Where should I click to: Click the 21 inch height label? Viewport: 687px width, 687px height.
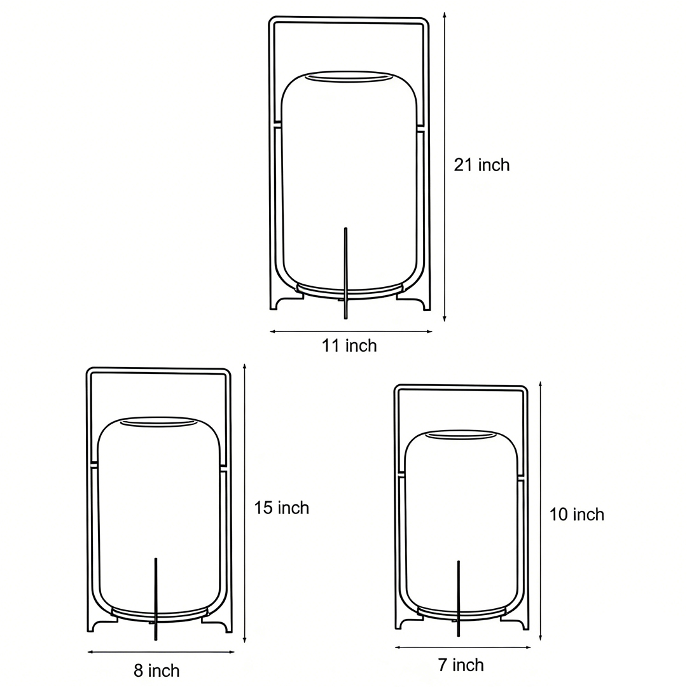tap(482, 165)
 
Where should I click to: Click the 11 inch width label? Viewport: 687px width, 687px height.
tap(349, 345)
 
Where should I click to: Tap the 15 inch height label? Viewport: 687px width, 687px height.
tap(281, 508)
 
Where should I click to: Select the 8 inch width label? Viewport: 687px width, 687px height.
tap(156, 670)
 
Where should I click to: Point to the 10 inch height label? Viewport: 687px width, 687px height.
tap(576, 514)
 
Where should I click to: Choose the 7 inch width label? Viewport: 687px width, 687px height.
tap(461, 665)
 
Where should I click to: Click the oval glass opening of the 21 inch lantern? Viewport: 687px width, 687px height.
tap(349, 78)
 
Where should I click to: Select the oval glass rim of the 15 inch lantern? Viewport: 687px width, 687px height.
tap(158, 421)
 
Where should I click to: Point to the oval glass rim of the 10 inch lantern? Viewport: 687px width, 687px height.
tap(460, 434)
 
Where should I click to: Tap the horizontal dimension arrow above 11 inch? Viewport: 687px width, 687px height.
tap(350, 331)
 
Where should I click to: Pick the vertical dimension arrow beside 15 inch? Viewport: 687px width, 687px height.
tap(244, 503)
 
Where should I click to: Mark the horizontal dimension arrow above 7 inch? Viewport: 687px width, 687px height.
tap(462, 648)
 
